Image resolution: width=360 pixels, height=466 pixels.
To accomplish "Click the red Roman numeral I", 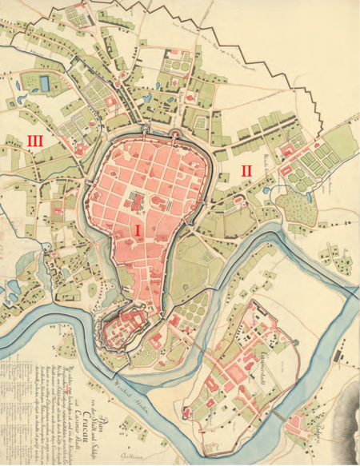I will click(138, 230).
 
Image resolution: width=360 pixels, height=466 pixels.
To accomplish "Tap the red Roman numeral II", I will click(246, 171).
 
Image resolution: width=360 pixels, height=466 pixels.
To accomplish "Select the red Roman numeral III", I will click(34, 141).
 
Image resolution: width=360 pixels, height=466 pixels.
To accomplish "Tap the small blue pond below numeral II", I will click(275, 190).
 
